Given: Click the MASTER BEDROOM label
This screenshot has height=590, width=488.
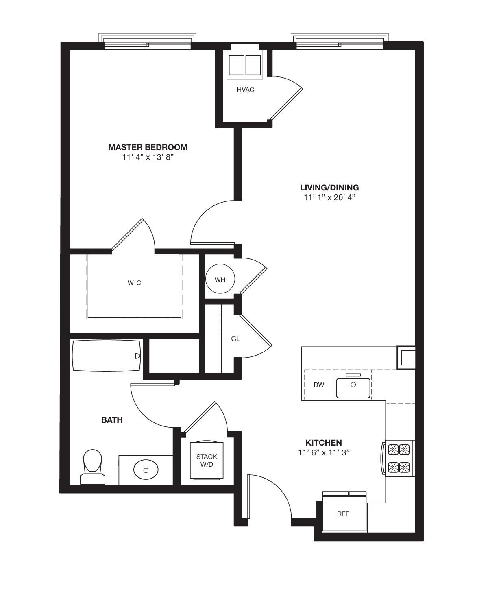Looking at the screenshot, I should click(x=148, y=147).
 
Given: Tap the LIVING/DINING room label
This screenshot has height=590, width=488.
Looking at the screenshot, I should click(x=329, y=188).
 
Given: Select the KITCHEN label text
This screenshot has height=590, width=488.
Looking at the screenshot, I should click(x=323, y=443).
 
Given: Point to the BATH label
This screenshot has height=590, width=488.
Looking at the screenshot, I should click(x=112, y=420).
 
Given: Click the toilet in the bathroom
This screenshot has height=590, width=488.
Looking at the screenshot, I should click(x=92, y=467).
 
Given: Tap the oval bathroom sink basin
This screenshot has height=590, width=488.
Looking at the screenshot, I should click(x=146, y=470).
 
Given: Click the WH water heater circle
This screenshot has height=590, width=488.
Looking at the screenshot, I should click(x=220, y=280).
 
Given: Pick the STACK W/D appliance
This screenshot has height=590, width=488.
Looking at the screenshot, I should click(x=207, y=460).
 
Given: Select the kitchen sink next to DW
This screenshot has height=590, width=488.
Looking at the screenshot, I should click(x=353, y=387).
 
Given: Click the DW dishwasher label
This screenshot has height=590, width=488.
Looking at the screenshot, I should click(x=319, y=385).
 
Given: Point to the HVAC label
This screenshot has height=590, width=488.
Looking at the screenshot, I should click(x=246, y=90).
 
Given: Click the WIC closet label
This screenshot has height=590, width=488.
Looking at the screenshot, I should click(x=134, y=283).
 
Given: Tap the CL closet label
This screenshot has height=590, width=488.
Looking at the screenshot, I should click(x=235, y=339).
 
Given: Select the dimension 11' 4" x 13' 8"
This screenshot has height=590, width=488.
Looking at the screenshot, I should click(x=148, y=157).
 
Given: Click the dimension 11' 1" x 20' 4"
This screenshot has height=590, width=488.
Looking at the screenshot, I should click(x=329, y=198).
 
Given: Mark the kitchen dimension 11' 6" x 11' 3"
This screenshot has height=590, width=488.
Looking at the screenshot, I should click(x=323, y=453).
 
